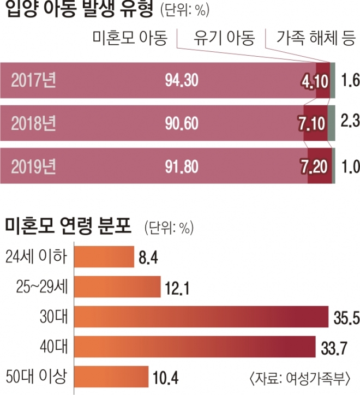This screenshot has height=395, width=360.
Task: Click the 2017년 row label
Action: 33,80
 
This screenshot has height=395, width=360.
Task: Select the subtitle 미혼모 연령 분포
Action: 68,225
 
